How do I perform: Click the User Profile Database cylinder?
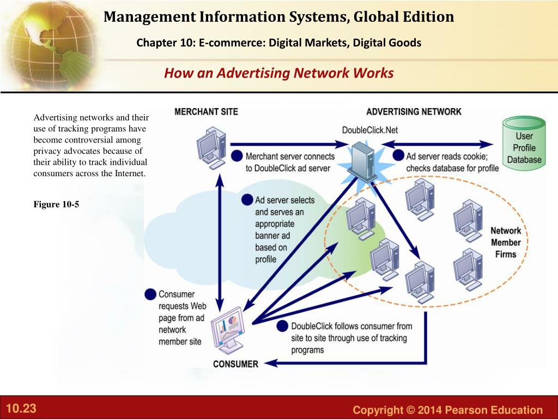(524, 144)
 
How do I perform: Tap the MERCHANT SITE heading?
(206, 112)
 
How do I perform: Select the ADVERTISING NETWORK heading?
(414, 112)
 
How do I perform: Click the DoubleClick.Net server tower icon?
(361, 160)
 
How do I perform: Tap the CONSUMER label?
(235, 364)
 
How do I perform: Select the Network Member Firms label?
(506, 242)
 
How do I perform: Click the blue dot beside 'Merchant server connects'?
(237, 155)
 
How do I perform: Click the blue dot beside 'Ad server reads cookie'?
(398, 155)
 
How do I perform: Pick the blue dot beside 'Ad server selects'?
(247, 200)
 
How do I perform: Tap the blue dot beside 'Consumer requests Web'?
(150, 294)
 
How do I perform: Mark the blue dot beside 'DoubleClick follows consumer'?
(282, 326)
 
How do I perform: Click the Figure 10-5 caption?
(56, 204)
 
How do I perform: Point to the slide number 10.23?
(21, 409)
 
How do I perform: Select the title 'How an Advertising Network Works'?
(278, 73)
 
